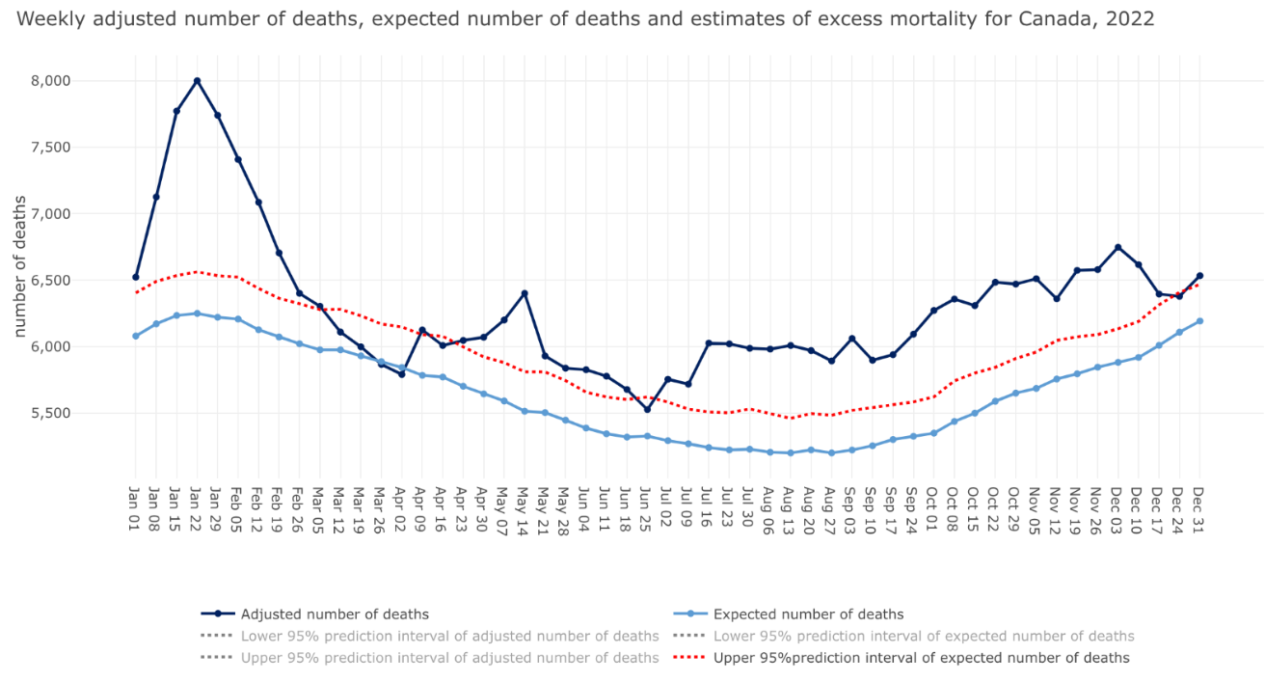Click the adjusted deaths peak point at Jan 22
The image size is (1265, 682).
tap(197, 81)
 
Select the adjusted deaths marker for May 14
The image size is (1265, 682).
tap(525, 293)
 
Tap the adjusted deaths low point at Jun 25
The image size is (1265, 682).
tap(647, 409)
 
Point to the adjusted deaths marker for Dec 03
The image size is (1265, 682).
tap(1117, 247)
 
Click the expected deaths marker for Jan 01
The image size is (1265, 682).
tap(136, 336)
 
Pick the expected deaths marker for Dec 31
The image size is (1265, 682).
tap(1199, 321)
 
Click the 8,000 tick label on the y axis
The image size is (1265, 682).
tap(51, 81)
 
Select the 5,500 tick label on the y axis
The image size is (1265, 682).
tap(51, 413)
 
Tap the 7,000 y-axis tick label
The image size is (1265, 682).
tap(51, 213)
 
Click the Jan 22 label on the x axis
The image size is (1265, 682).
tap(197, 512)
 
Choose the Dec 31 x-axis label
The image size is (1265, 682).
tap(1199, 512)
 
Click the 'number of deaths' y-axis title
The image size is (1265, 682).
tap(20, 265)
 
